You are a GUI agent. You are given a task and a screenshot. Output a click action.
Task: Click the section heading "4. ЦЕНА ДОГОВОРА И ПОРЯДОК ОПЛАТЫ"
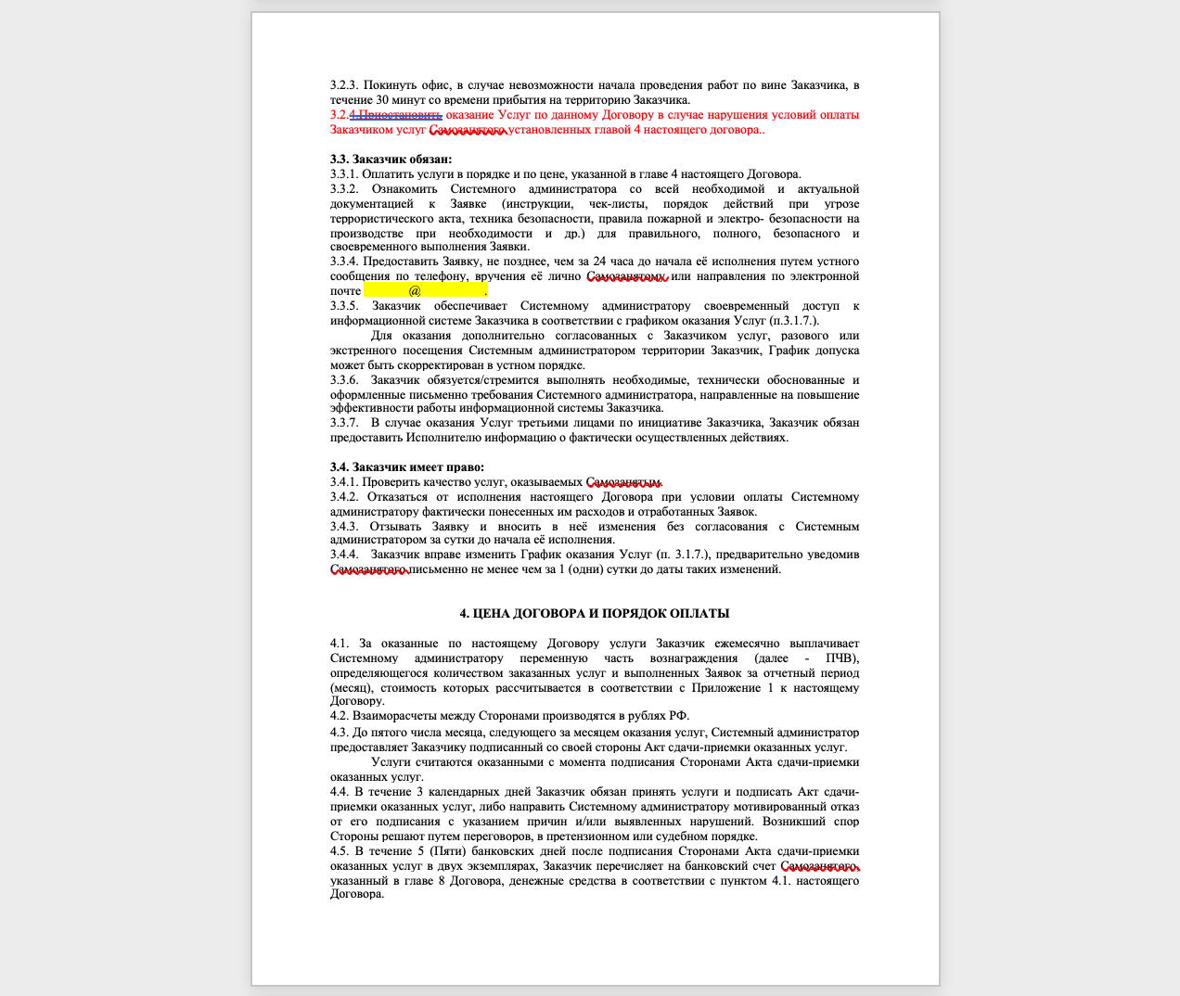595,613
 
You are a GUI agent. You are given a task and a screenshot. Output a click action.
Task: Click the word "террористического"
381,219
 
